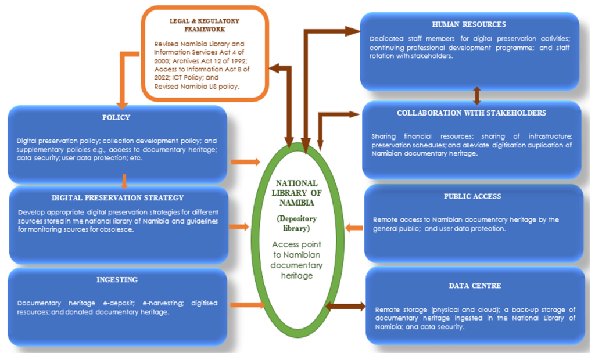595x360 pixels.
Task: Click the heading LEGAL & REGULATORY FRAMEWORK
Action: tap(205, 24)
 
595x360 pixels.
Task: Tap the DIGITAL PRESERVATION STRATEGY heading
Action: tap(117, 197)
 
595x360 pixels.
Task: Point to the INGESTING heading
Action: tap(117, 279)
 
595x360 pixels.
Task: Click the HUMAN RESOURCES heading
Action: tap(469, 24)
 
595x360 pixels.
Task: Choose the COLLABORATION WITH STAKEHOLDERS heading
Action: tap(471, 113)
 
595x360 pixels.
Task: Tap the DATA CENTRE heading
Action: tap(475, 286)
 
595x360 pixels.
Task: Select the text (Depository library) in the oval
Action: tap(297, 224)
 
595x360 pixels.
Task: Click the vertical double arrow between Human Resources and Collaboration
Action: tap(477, 95)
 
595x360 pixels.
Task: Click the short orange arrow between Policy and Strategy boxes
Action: tap(123, 179)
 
